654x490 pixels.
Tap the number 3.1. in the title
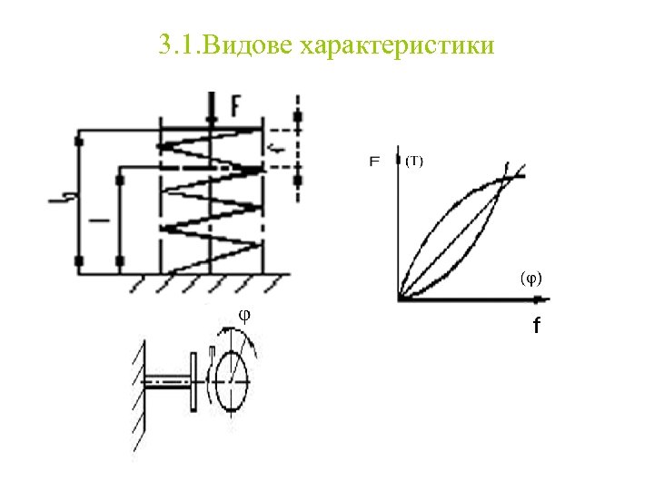[x=180, y=44]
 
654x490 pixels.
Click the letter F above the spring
[x=235, y=105]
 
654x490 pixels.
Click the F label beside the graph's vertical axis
[x=375, y=162]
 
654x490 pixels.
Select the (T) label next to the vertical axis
[x=414, y=162]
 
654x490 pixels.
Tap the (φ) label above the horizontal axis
[x=530, y=278]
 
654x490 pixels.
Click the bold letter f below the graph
[x=537, y=325]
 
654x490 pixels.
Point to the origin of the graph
[x=400, y=298]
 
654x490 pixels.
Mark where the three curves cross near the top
[x=505, y=178]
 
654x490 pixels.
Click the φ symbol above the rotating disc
[x=243, y=316]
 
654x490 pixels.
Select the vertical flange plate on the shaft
[x=193, y=381]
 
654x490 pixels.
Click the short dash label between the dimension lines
[x=98, y=220]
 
